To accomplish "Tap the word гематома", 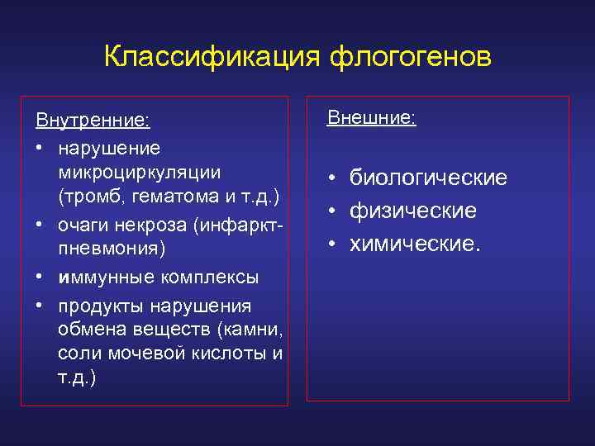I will click(x=180, y=197).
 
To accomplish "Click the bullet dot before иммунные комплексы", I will click(x=40, y=276).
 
